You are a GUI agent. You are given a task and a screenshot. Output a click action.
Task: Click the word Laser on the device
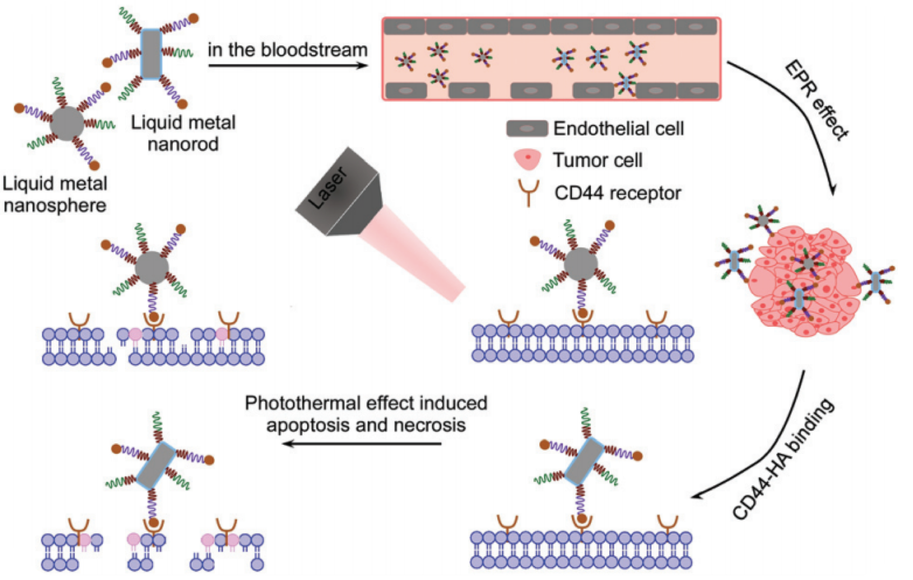click(329, 189)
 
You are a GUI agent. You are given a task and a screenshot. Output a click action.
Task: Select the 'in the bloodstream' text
click(287, 50)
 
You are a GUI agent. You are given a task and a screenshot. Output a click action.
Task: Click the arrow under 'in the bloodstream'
click(287, 66)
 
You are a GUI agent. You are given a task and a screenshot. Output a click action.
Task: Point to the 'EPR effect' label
click(817, 100)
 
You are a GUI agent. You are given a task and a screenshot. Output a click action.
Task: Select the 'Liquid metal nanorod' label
click(183, 133)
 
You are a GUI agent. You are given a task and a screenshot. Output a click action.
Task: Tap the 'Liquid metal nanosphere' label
click(55, 194)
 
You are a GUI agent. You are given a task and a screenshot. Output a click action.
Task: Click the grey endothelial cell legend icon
click(527, 129)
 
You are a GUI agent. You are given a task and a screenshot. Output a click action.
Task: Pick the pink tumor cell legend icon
click(527, 160)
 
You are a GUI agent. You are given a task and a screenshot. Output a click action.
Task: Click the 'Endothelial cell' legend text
click(618, 129)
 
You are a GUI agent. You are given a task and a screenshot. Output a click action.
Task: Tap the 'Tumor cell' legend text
click(598, 160)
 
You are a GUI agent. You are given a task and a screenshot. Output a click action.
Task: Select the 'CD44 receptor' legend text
click(617, 193)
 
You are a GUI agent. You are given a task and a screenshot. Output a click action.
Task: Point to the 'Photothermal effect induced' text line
click(366, 403)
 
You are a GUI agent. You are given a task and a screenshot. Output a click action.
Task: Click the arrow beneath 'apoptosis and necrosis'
click(361, 444)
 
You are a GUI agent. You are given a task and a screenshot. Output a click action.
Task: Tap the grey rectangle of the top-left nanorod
click(151, 54)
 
